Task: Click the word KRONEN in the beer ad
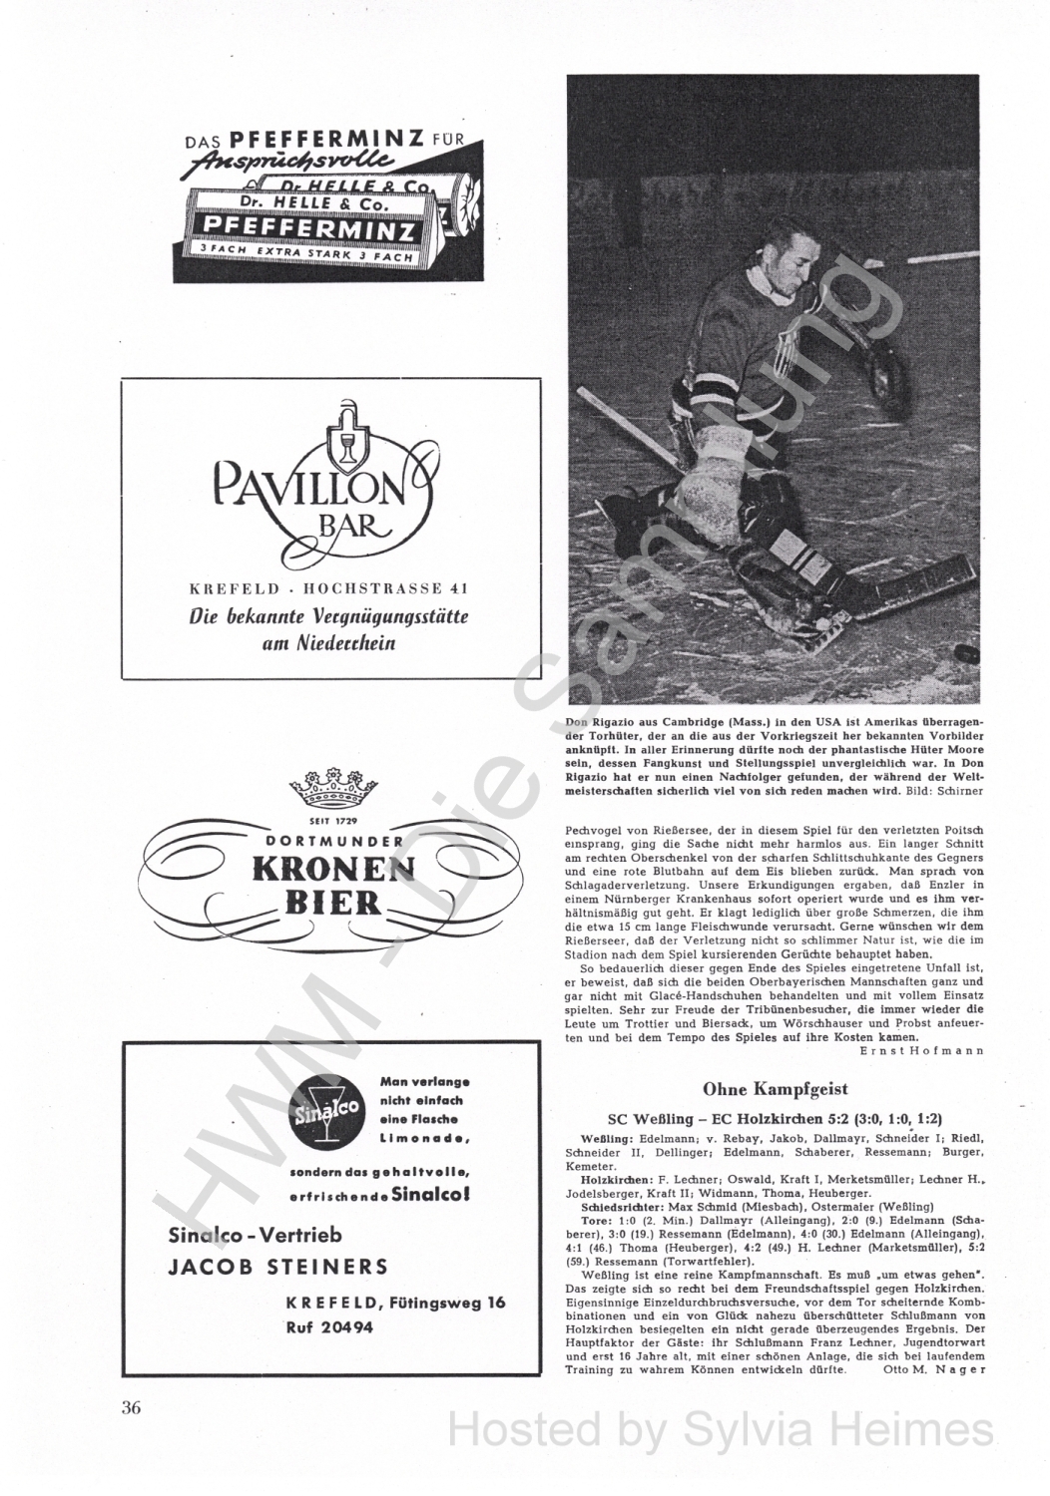click(333, 870)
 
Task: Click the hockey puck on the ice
click(966, 653)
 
